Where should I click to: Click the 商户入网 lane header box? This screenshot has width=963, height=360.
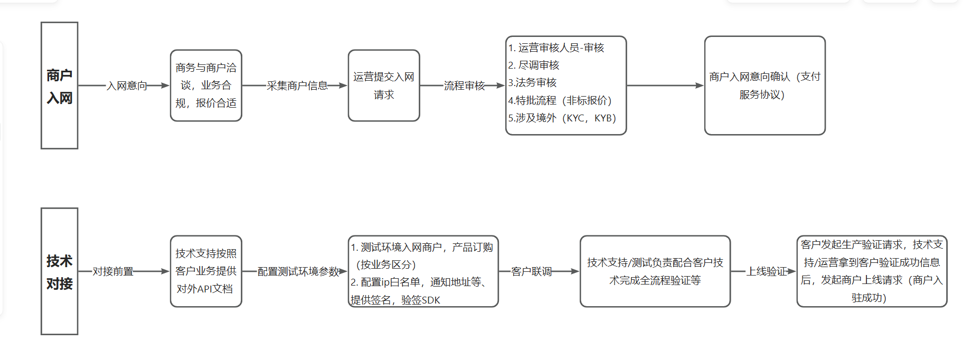point(59,86)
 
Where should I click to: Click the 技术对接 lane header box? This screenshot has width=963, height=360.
point(59,271)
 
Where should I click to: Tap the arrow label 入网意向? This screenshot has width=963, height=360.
point(127,86)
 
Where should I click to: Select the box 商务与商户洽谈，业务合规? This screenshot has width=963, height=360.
point(206,86)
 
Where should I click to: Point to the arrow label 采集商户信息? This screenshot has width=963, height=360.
point(297,86)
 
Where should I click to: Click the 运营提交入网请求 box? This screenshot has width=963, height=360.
point(384,86)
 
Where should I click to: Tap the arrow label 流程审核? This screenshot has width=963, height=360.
point(464,86)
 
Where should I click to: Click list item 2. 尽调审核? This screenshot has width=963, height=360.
point(534,65)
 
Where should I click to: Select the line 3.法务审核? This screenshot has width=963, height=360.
point(532,82)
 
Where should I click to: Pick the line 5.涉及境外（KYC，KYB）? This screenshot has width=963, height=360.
point(562,118)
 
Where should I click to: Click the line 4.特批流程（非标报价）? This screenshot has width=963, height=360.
point(560,100)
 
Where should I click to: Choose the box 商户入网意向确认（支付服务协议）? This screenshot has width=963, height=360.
point(764,86)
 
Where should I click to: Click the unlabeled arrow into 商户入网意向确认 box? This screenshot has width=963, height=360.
point(665,86)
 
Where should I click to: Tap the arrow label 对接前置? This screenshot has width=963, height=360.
point(113,271)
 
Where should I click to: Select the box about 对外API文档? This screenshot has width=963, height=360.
point(206,271)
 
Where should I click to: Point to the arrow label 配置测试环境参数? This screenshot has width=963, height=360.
point(298,271)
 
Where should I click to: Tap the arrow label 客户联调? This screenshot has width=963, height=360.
point(531,271)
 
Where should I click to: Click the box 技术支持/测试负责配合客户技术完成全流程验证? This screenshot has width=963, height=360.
point(655,271)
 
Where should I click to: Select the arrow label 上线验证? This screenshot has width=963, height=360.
point(766,271)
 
